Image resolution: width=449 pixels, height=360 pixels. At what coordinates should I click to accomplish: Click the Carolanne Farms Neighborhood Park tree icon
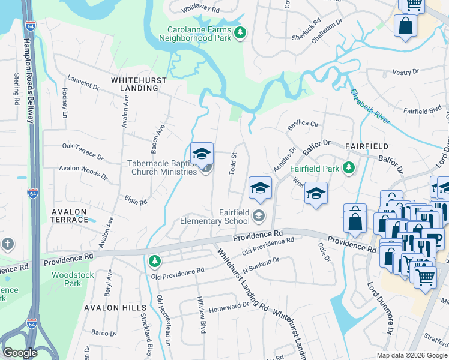coord(240,32)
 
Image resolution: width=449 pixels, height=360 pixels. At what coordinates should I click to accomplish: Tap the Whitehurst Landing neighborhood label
coord(134,83)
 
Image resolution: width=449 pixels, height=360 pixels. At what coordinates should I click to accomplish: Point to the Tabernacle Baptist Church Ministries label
coord(162,167)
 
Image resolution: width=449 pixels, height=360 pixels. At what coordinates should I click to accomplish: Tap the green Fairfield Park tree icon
coord(348,169)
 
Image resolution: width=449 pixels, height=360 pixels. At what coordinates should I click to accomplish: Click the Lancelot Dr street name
coord(83,82)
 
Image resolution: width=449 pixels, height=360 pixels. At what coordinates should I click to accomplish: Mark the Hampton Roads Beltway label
coord(28,80)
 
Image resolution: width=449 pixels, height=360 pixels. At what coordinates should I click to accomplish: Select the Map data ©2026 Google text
coord(412,355)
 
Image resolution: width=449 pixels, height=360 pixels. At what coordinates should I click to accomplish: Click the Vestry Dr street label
coord(405,72)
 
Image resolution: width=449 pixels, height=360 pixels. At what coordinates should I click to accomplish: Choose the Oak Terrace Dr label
coord(83,147)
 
